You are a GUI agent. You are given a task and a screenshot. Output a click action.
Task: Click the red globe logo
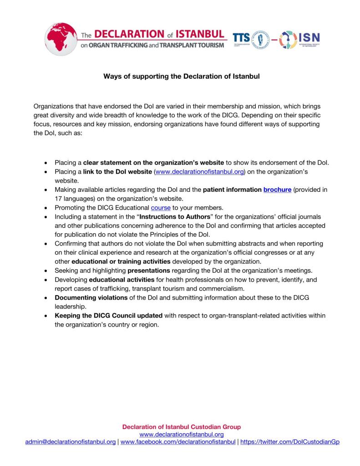61,39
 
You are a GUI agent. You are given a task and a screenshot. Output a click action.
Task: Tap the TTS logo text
241,39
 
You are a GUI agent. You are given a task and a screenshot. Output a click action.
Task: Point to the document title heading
181,76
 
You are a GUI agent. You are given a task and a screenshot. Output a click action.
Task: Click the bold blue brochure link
277,189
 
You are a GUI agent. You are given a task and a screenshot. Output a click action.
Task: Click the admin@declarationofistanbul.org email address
71,442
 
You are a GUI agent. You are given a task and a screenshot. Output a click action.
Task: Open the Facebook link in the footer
178,442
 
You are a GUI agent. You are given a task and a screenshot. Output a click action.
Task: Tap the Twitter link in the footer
290,442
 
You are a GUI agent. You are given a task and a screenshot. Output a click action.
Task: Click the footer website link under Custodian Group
181,435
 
